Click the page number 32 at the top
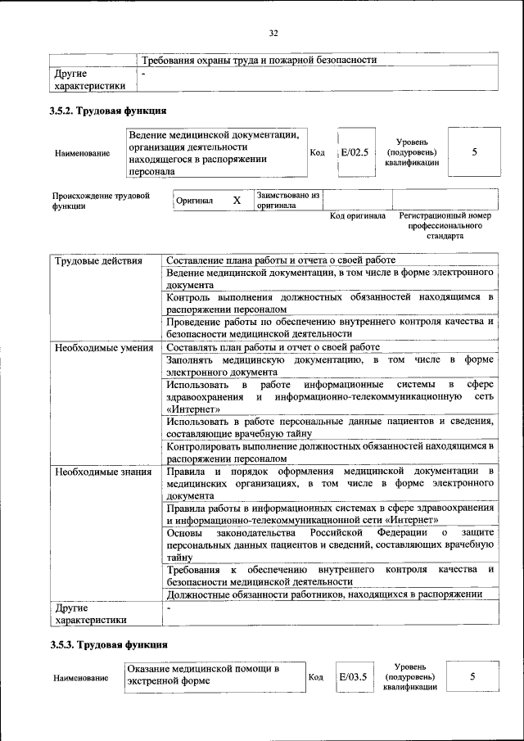[273, 34]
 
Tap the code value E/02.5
[355, 152]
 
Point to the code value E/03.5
[354, 678]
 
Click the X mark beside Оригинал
[237, 201]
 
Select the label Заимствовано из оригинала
[287, 201]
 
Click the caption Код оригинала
[357, 216]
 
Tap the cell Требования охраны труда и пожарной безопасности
[259, 61]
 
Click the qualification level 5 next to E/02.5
[475, 152]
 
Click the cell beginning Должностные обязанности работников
[323, 594]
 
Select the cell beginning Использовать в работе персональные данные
[329, 427]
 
